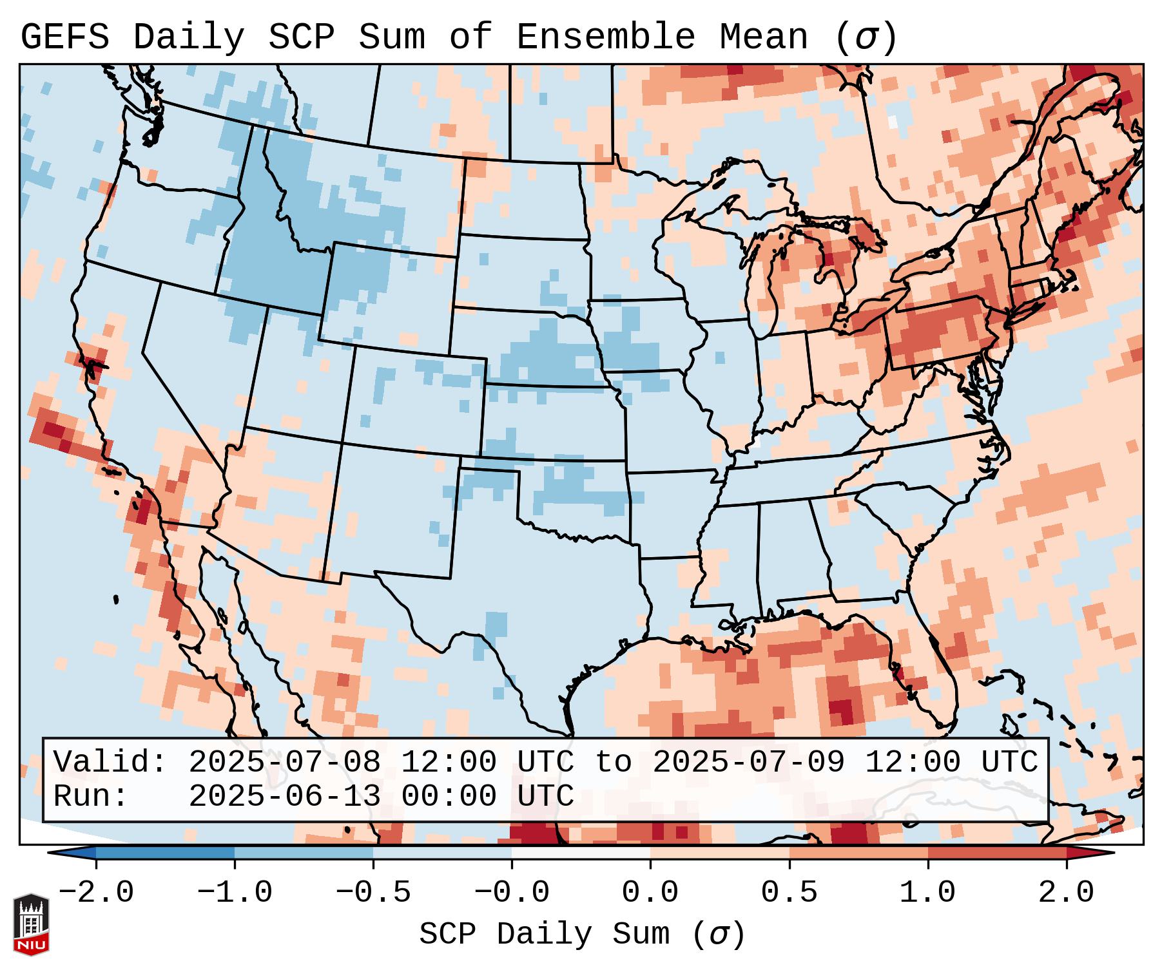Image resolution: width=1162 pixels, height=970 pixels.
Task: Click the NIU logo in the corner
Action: [x=31, y=924]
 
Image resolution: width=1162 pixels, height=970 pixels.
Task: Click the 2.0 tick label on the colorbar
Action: [x=1067, y=893]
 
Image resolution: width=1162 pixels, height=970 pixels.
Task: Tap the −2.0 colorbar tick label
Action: [x=96, y=893]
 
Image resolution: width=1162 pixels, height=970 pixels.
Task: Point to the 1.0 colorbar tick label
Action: [x=927, y=893]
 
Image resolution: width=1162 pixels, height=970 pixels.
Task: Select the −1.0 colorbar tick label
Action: [x=235, y=893]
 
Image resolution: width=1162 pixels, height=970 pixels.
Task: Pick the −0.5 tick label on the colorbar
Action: [x=373, y=893]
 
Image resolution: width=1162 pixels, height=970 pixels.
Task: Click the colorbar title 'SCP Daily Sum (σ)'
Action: [x=582, y=935]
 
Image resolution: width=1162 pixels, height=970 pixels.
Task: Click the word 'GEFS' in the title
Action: [x=64, y=37]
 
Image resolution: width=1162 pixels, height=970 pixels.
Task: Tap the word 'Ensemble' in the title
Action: [x=605, y=37]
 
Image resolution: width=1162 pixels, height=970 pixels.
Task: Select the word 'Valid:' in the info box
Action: [x=110, y=762]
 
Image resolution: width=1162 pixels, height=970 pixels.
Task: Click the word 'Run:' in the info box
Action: [x=91, y=796]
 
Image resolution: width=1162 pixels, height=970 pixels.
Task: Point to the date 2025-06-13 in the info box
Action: [x=284, y=796]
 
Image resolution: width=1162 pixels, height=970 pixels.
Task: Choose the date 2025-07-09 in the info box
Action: [x=748, y=762]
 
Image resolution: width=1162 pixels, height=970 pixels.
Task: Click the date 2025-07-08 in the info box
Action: [x=284, y=762]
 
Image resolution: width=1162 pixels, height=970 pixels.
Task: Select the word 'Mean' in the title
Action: [x=764, y=37]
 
